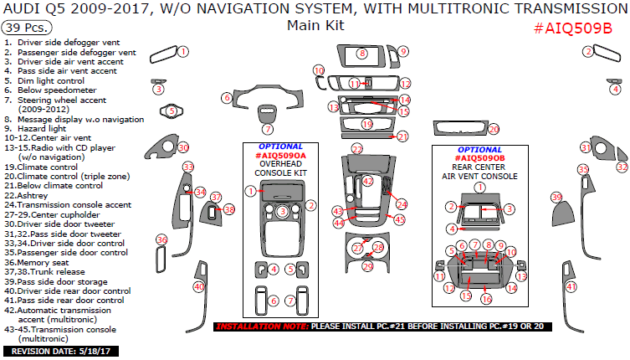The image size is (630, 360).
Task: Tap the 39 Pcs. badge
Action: tap(23, 27)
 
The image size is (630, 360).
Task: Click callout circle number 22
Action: tap(357, 148)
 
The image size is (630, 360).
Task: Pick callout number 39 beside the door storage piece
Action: tap(556, 198)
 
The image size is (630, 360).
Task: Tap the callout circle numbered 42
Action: tap(367, 181)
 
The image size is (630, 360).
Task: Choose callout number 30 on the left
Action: tap(183, 147)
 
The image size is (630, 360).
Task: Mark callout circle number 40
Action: tap(198, 286)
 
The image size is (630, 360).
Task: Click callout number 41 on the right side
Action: tap(571, 286)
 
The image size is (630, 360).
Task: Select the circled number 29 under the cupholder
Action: tap(366, 266)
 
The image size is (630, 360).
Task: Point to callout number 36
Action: tap(161, 240)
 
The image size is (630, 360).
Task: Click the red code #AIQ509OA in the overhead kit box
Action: tap(280, 156)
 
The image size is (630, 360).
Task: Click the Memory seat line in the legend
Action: tap(51, 262)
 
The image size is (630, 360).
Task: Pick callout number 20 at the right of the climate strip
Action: tap(493, 129)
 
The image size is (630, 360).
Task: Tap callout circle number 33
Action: tap(188, 167)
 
